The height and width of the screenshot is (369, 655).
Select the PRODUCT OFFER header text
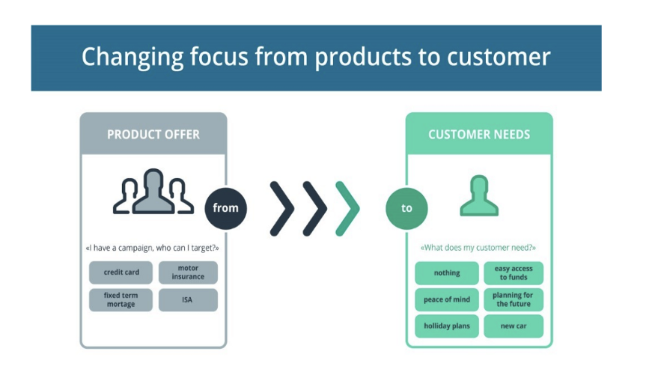153,135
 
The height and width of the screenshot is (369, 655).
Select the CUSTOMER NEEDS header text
479,135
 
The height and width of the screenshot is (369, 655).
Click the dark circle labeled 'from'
225,207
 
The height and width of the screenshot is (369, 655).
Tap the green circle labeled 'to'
406,207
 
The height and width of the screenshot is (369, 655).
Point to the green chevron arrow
347,207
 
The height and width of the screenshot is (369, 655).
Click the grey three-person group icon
153,192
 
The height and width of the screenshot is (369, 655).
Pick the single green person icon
479,195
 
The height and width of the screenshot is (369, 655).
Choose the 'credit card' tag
121,272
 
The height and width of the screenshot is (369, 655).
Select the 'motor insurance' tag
188,272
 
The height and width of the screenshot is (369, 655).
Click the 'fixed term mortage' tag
121,300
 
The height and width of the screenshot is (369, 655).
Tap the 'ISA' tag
188,300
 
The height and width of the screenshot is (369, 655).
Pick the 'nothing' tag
447,273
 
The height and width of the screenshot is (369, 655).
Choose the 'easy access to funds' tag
514,273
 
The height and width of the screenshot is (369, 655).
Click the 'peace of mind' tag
447,299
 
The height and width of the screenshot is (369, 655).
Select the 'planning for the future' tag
514,299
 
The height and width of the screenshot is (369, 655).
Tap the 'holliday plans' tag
447,326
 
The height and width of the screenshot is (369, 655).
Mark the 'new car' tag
514,326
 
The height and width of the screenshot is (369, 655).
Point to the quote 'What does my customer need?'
479,248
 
